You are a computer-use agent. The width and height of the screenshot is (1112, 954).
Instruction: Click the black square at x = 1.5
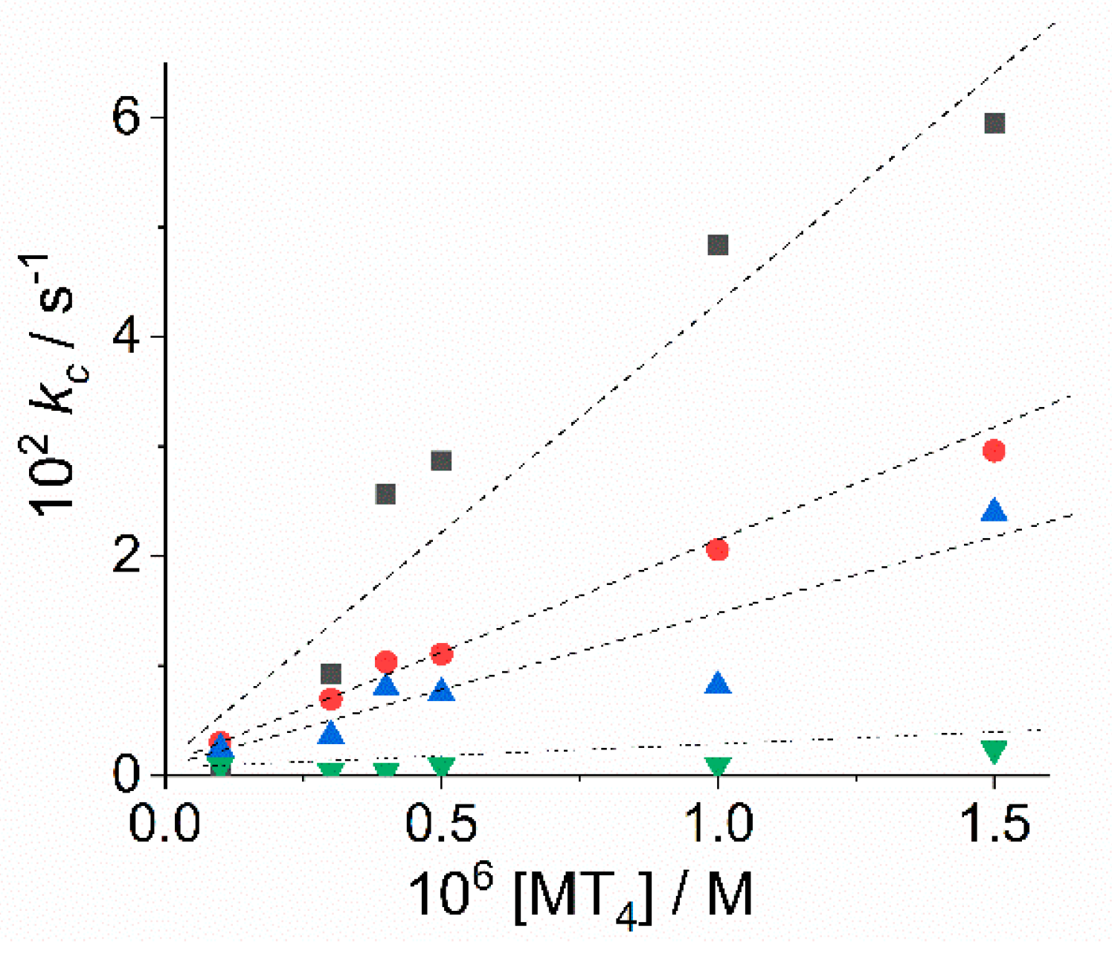click(994, 124)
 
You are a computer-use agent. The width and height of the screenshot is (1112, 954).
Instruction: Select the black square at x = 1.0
click(718, 245)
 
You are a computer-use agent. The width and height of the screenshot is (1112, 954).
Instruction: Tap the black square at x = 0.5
click(441, 461)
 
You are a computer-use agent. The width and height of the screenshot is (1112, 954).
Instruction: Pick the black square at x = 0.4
click(385, 494)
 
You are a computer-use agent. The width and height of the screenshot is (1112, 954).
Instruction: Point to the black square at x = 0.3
click(330, 674)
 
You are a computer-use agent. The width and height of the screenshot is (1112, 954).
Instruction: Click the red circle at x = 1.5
click(994, 451)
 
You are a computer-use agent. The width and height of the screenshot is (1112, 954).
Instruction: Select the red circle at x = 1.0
click(718, 550)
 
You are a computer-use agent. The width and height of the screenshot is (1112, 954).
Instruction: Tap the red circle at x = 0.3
click(330, 700)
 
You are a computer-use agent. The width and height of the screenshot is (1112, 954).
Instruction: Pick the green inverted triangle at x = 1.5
click(994, 752)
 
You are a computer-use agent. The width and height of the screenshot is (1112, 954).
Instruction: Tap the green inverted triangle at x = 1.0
click(718, 767)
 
